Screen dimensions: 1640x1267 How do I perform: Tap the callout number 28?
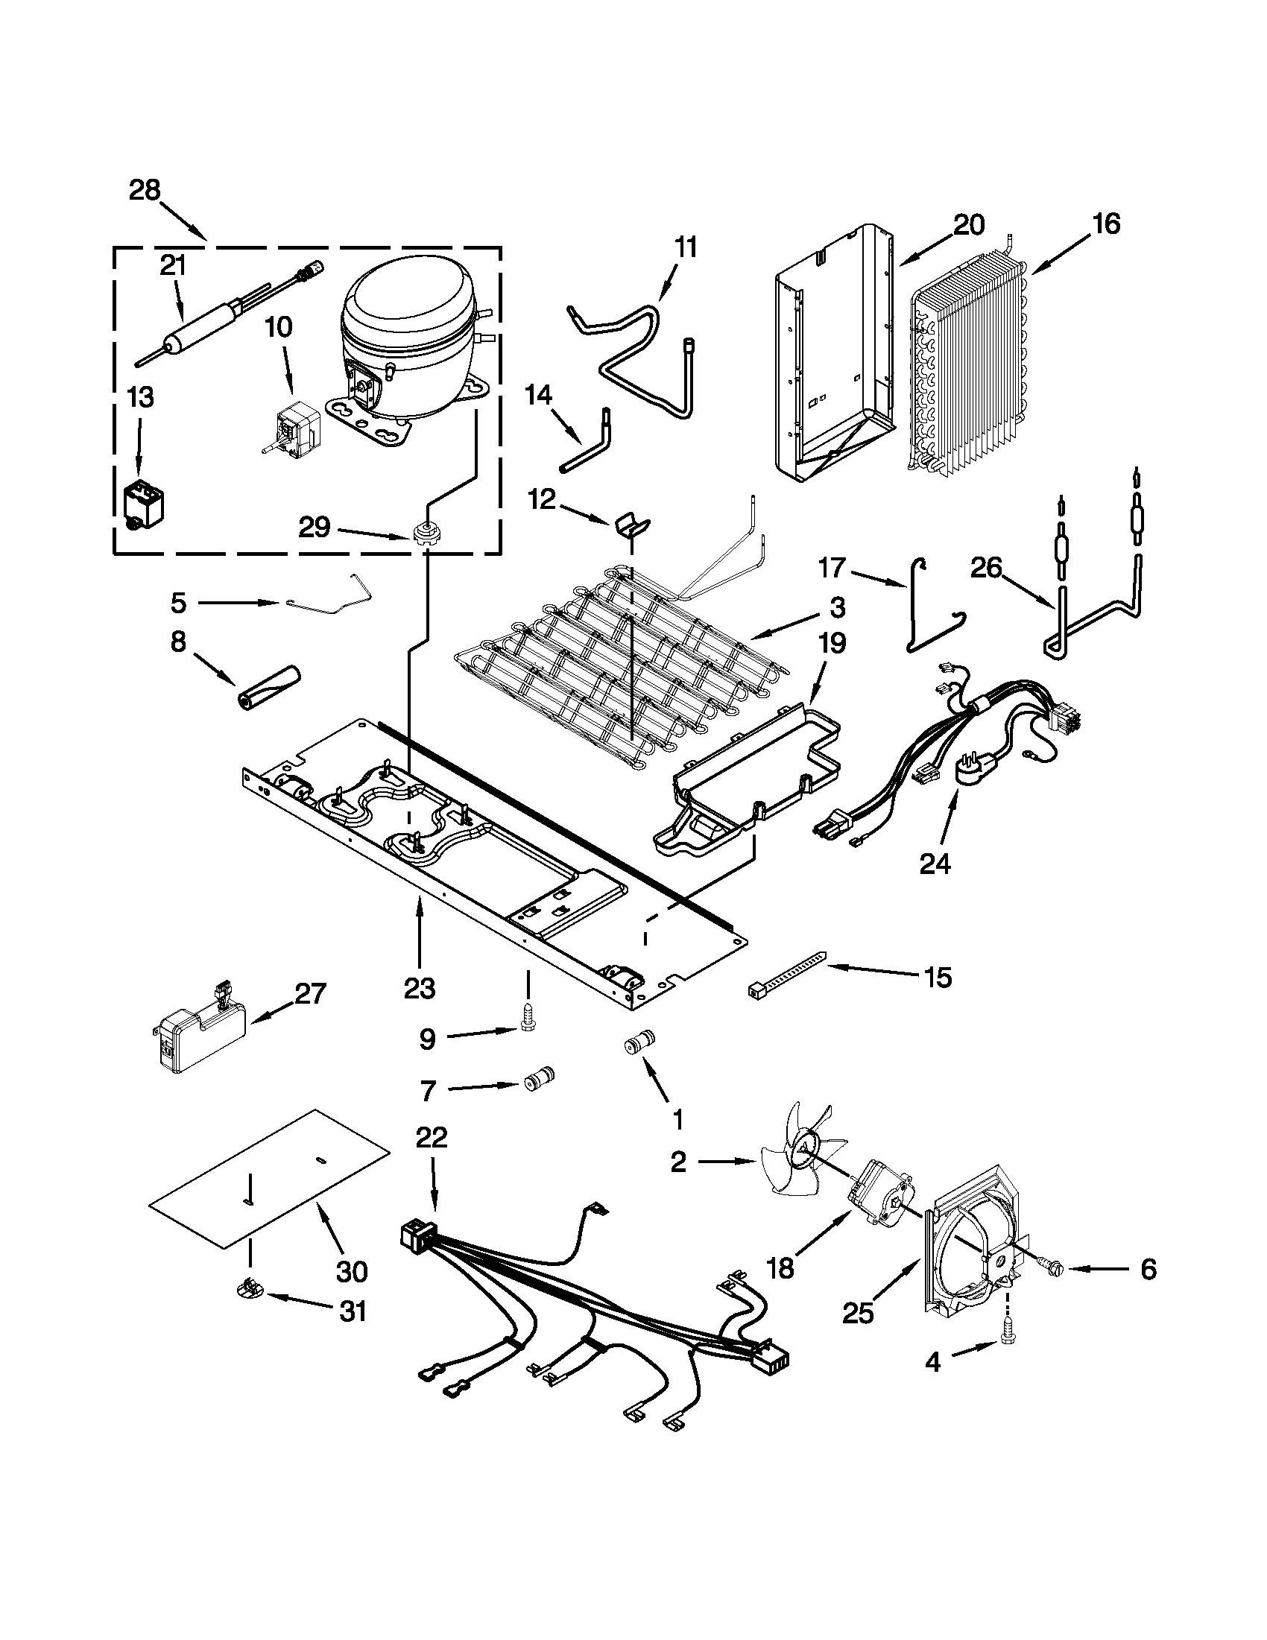[144, 190]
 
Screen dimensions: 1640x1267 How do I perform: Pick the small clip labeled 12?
[631, 523]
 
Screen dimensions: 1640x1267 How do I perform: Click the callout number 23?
[419, 988]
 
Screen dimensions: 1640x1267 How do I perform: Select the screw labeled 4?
[1006, 1349]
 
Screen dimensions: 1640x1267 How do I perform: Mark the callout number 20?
[968, 224]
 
